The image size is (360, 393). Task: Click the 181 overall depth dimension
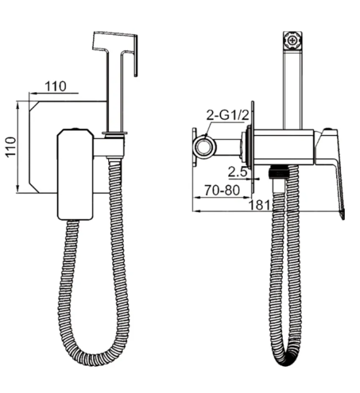coord(260,204)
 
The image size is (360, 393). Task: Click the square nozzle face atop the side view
coord(292,40)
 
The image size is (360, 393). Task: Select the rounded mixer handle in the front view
coord(75,174)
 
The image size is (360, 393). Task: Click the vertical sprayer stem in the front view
coord(116,98)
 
